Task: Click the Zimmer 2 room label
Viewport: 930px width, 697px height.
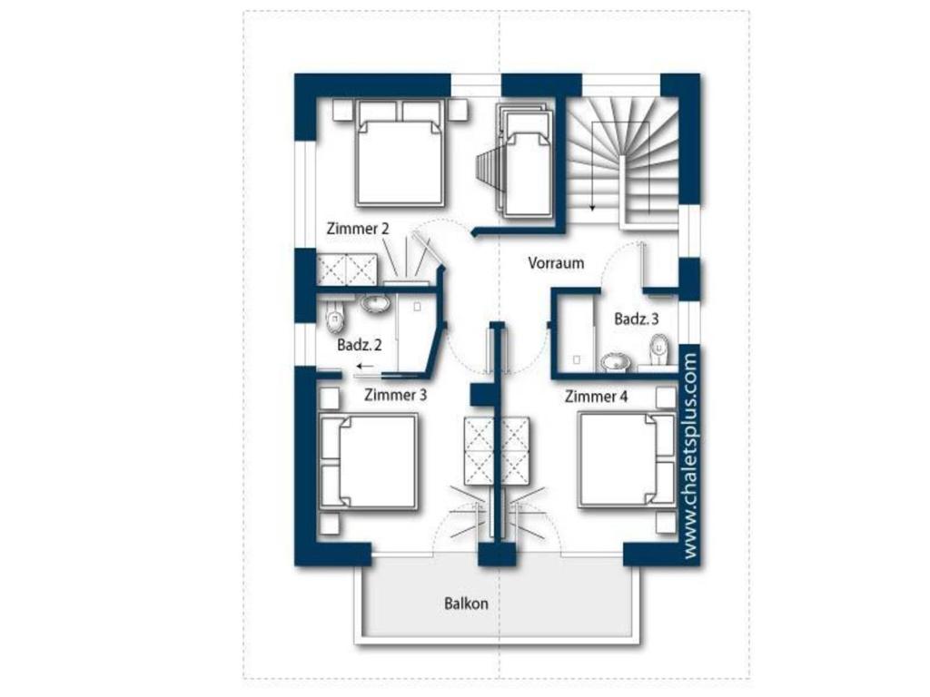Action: coord(358,229)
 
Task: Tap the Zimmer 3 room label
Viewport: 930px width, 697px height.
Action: coord(395,395)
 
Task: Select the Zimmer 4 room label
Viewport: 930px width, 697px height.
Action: coord(596,397)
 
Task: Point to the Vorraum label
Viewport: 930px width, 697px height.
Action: coord(556,263)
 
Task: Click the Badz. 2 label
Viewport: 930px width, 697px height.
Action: coord(360,345)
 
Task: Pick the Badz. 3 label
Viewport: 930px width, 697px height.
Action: coord(637,319)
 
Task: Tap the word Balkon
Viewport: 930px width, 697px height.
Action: coord(466,604)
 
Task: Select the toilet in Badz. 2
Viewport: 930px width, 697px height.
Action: coord(335,319)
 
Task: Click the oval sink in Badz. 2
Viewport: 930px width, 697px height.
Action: coord(375,303)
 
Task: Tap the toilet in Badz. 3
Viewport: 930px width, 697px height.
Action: coord(659,351)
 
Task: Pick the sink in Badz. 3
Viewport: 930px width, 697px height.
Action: coord(615,361)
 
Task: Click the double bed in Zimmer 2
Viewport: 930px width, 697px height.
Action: coord(401,153)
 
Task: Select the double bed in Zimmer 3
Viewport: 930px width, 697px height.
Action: coord(369,462)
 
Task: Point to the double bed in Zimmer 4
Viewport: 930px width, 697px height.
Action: coord(628,460)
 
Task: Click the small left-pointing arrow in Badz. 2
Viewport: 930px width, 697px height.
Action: coord(365,367)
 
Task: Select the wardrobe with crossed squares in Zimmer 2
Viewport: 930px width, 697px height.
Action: coord(346,270)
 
